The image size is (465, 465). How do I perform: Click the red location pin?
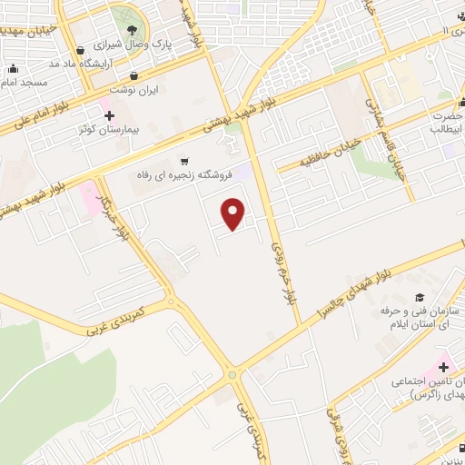tap(234, 213)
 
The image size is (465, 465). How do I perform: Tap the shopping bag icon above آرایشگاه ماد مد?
tap(83, 50)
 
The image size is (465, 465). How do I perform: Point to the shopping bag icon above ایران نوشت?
tap(134, 76)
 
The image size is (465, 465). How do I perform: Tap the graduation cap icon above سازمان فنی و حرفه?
tap(419, 297)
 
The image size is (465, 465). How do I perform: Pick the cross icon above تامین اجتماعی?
tap(443, 368)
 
